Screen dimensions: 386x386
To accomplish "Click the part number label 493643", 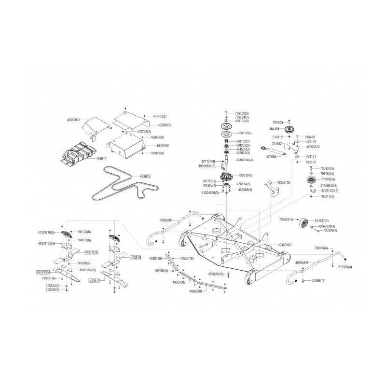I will (x=145, y=176).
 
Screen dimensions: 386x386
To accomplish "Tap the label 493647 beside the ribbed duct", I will (x=101, y=158).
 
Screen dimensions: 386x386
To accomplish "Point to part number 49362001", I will (x=74, y=119).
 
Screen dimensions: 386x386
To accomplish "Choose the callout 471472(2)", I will (x=159, y=116).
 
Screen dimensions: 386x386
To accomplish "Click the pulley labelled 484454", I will (x=290, y=131).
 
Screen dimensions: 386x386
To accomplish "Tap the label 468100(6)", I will (x=243, y=133).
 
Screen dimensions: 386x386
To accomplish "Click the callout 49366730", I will (x=283, y=182).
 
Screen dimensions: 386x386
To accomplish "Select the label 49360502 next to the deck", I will (x=284, y=245).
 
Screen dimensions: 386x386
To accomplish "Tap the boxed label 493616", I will (x=136, y=258).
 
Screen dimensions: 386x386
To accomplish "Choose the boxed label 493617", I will (x=94, y=280).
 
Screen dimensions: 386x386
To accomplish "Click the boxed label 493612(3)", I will (x=92, y=252).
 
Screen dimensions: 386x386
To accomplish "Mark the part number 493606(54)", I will (x=216, y=274).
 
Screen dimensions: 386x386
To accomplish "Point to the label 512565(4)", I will (x=345, y=267).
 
